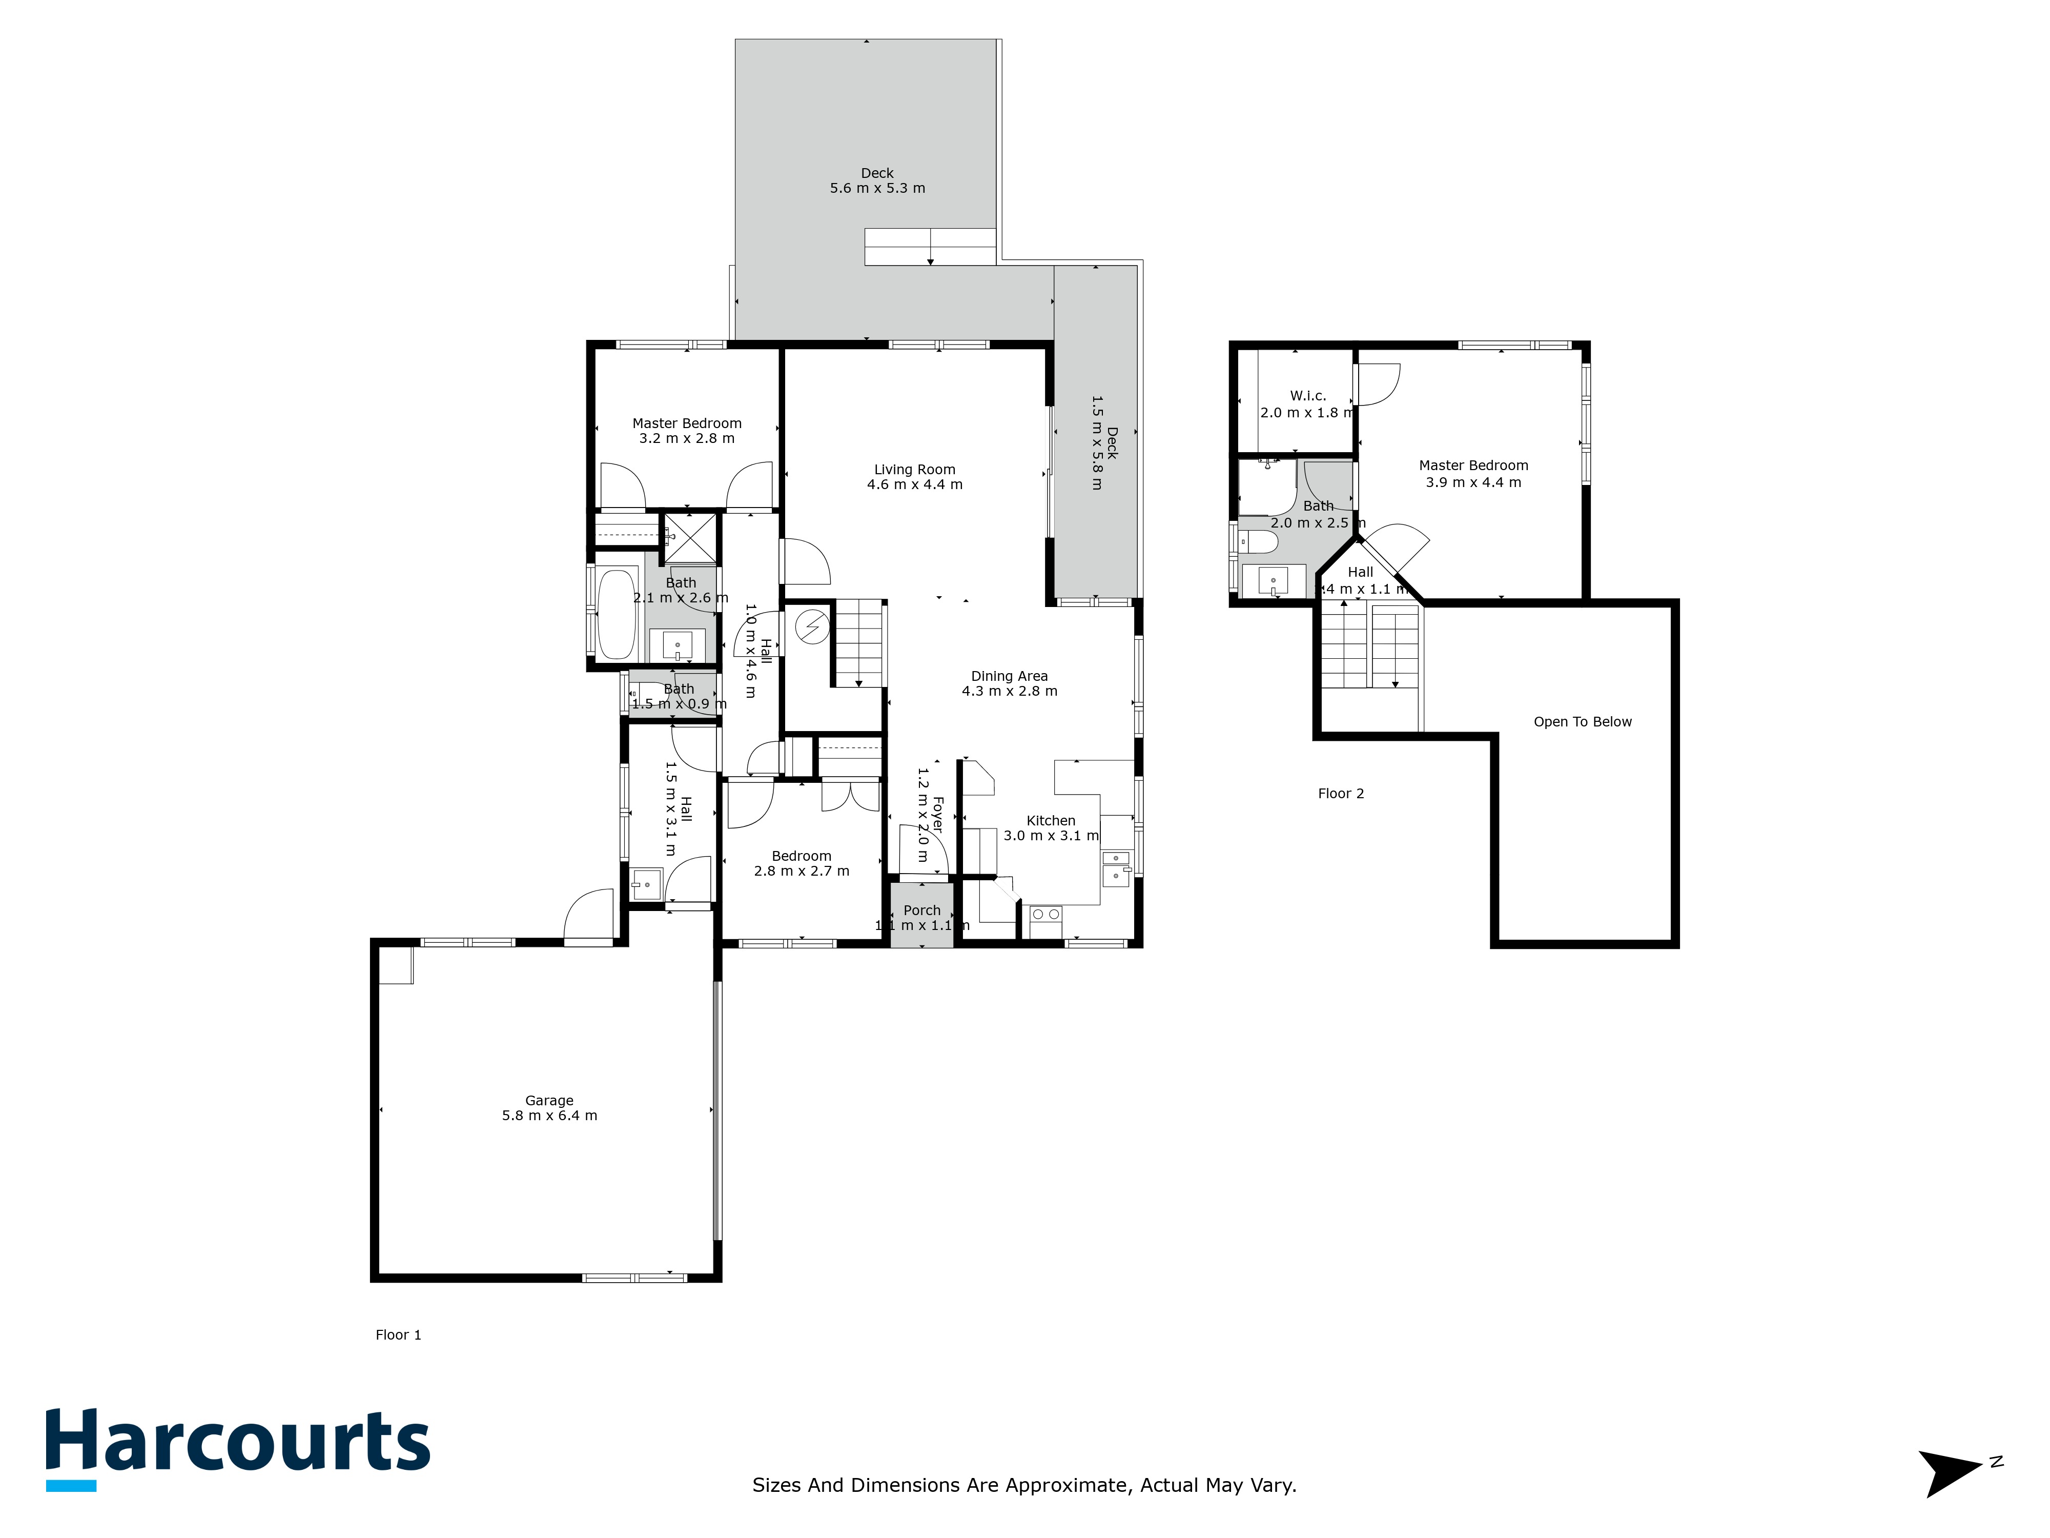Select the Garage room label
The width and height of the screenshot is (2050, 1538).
[x=549, y=1108]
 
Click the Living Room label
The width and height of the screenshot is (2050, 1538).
[x=915, y=476]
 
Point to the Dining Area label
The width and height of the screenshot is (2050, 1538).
[x=1009, y=683]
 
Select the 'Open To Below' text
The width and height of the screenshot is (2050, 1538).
[x=1582, y=721]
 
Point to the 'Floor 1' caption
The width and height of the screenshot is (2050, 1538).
[x=399, y=1335]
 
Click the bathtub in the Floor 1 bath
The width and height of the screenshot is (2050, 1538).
[x=617, y=614]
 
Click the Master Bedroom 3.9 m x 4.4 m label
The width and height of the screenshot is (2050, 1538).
[x=1473, y=474]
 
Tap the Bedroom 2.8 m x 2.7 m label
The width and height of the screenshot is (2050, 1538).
[x=802, y=863]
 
